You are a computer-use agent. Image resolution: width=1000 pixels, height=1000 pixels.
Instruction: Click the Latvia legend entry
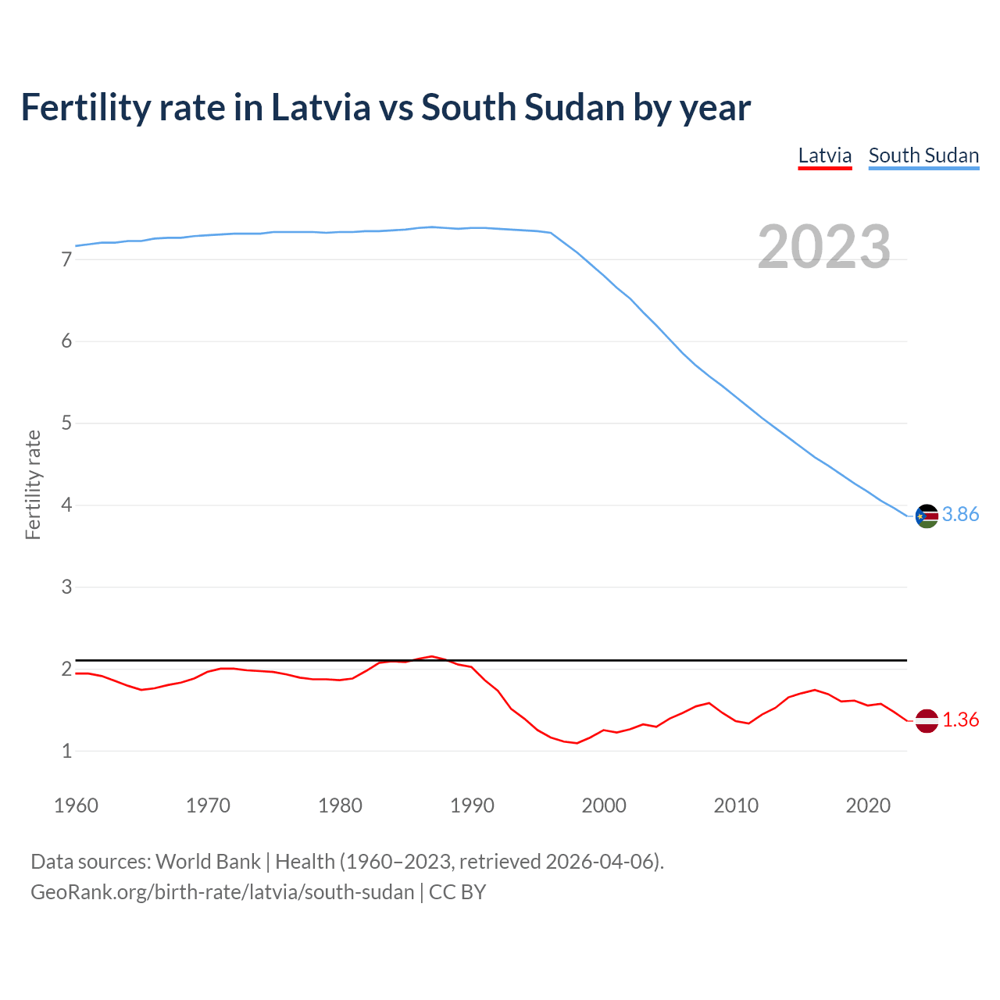click(824, 155)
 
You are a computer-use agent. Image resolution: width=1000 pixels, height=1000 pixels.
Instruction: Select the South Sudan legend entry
click(923, 155)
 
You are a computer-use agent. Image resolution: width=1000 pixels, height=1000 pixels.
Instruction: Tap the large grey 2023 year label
click(824, 247)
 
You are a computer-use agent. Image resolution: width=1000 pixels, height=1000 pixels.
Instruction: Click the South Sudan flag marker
click(927, 516)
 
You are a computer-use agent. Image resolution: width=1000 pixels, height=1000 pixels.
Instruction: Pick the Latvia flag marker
click(927, 720)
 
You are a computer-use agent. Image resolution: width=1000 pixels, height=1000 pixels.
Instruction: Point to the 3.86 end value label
click(960, 514)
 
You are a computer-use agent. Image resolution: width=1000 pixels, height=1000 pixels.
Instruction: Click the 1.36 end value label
click(960, 720)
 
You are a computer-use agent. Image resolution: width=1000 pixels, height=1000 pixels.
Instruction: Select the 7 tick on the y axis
click(66, 259)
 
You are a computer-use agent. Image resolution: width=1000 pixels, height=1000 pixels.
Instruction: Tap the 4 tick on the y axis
click(66, 505)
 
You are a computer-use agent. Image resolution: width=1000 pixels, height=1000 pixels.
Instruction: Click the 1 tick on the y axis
click(66, 752)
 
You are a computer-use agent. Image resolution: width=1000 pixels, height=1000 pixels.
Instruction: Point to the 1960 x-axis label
click(76, 805)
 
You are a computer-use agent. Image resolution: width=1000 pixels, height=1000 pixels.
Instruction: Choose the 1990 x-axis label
click(472, 805)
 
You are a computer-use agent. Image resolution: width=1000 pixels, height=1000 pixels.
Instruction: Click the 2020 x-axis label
click(868, 805)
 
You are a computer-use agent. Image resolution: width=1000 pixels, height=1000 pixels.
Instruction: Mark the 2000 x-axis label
click(604, 805)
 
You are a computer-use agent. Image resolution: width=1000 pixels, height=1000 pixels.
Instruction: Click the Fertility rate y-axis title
click(33, 484)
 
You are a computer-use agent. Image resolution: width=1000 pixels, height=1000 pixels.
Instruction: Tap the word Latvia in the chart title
click(320, 107)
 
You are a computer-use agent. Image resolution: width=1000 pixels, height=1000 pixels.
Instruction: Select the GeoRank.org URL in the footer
click(222, 892)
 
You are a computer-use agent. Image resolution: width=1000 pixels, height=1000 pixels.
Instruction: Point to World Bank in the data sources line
click(208, 862)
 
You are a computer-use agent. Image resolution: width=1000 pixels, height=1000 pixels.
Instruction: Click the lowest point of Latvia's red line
click(577, 743)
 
